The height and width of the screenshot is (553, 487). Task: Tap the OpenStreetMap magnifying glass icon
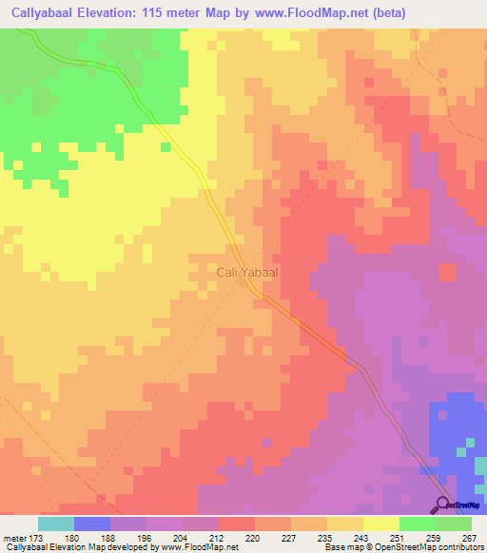[x=443, y=504]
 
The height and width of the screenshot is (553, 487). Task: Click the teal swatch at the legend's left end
[x=55, y=524]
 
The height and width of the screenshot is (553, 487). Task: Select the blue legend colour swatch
[x=91, y=524]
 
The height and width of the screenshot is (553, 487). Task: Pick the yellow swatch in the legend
[x=380, y=524]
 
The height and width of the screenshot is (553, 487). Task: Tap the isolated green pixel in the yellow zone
[x=166, y=146]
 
